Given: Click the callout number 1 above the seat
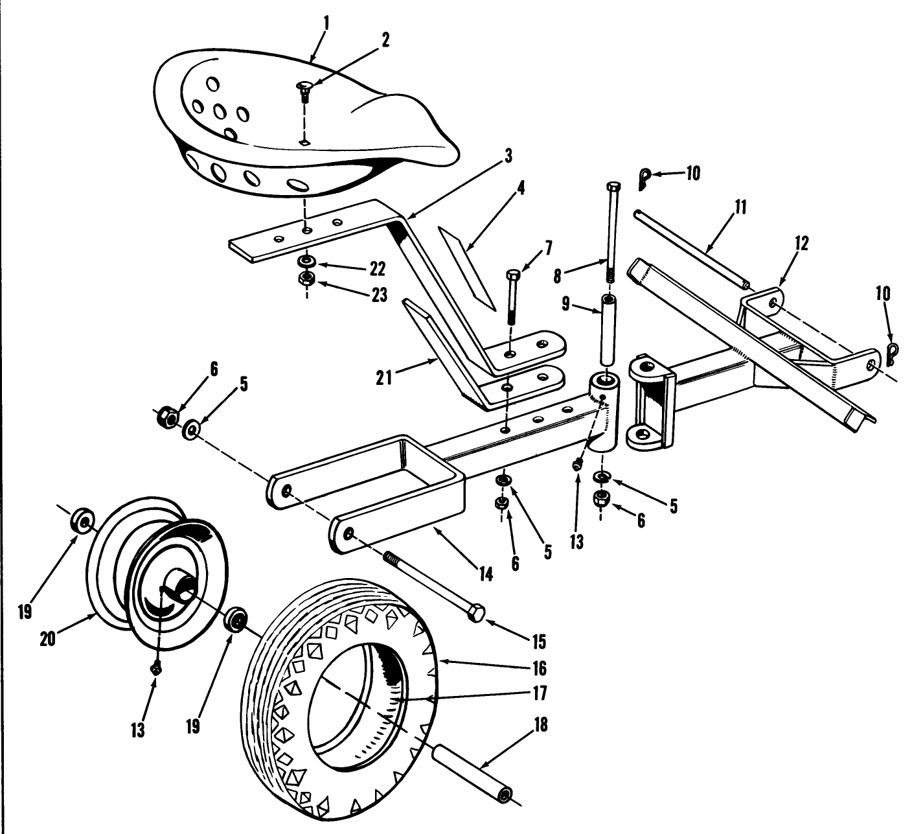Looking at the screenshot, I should pos(326,25).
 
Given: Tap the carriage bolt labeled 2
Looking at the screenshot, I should pos(305,89).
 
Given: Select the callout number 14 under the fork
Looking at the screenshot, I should pos(485,573).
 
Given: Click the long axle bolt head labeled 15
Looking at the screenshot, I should pos(477,612).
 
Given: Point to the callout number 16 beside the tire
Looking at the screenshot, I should pos(540,667).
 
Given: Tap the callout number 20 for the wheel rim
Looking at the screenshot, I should pos(47,638).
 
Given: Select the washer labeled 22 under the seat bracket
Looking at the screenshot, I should pos(306,262).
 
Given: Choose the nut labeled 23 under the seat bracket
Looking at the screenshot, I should pos(306,280).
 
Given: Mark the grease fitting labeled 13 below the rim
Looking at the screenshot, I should pos(155,669).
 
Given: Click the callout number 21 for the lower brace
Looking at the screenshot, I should pos(384,377).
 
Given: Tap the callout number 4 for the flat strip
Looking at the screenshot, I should pos(521,189).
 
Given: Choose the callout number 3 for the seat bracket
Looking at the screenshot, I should pos(508,156).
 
